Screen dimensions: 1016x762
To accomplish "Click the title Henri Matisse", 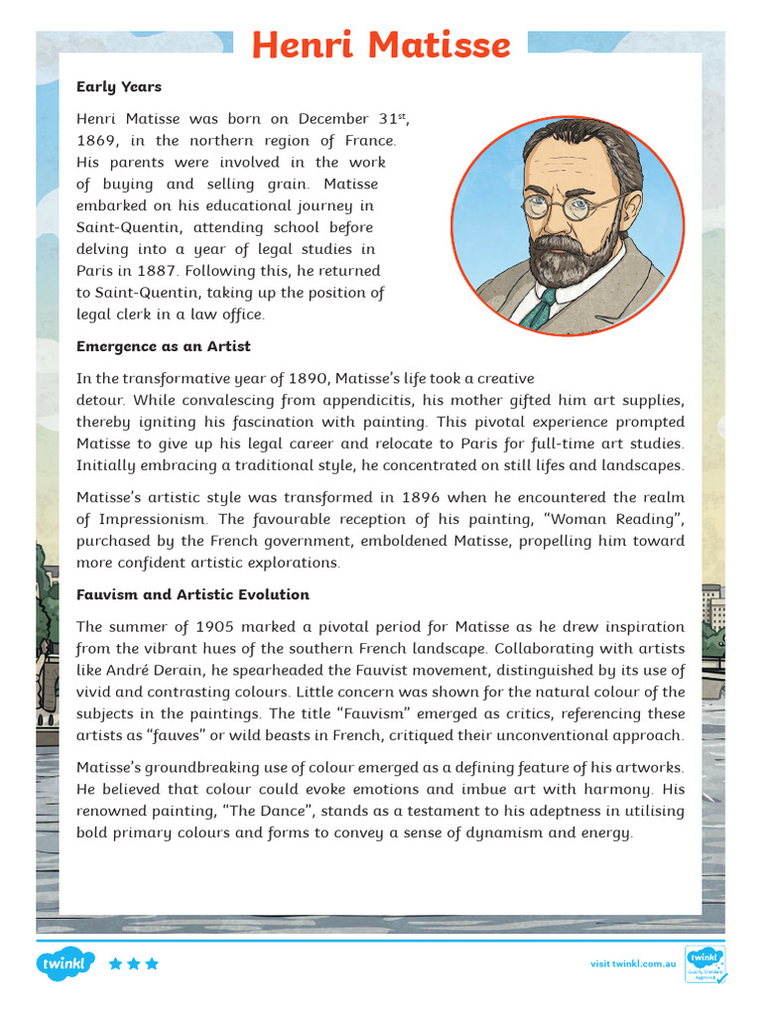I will (x=380, y=45).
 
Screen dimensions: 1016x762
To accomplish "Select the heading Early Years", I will (x=118, y=86).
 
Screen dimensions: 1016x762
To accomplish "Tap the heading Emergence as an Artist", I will (x=163, y=346).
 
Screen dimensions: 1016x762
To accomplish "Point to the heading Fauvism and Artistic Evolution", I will (x=192, y=594).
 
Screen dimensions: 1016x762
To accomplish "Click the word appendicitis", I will (x=411, y=400).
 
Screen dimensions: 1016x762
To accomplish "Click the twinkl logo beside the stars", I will (x=65, y=963).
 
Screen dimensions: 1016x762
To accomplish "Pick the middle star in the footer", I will (x=134, y=963).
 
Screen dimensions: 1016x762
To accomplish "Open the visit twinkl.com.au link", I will (x=633, y=963).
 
